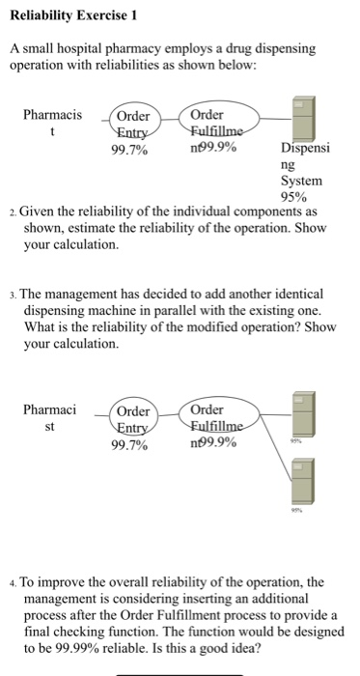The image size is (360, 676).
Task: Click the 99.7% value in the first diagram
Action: coord(130,149)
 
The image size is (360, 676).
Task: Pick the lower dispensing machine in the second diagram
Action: coord(303,479)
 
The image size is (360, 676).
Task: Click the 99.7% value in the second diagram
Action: coord(130,445)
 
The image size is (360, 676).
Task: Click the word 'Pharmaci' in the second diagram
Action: coord(49,409)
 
